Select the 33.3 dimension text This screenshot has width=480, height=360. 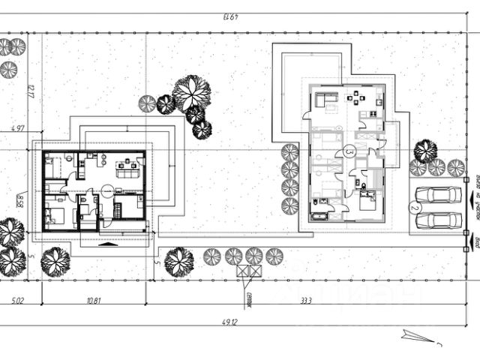tap(305, 301)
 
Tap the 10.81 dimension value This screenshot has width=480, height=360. tap(94, 301)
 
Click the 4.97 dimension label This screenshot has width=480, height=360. tap(19, 129)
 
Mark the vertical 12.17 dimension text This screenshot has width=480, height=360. tap(31, 92)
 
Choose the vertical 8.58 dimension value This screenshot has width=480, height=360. tap(20, 201)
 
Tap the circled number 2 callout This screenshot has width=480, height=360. tap(413, 208)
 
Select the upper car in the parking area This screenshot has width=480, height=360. tap(438, 195)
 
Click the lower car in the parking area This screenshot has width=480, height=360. tap(438, 220)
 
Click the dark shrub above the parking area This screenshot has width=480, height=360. tap(424, 151)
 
